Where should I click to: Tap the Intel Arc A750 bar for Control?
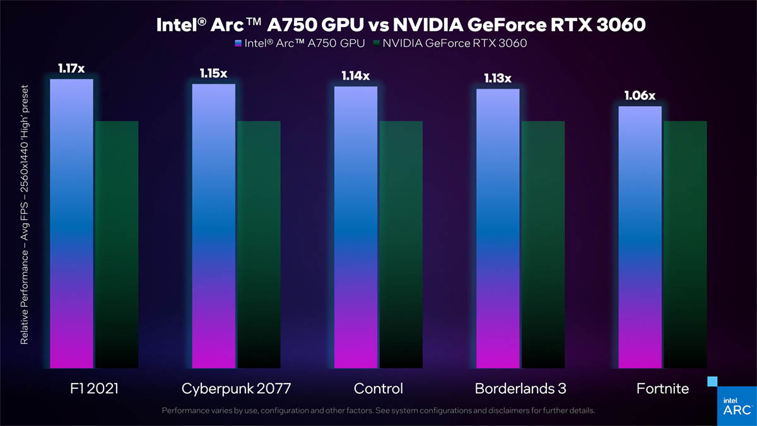click(356, 227)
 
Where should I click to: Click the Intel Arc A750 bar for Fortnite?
click(640, 237)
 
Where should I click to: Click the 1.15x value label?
click(213, 73)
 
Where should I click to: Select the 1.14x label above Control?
click(355, 76)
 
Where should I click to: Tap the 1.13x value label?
click(498, 78)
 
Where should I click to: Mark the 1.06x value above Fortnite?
click(640, 96)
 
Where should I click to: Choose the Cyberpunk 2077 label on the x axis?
click(237, 389)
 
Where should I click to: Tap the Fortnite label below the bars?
click(662, 389)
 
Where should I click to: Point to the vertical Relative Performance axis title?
click(25, 215)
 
